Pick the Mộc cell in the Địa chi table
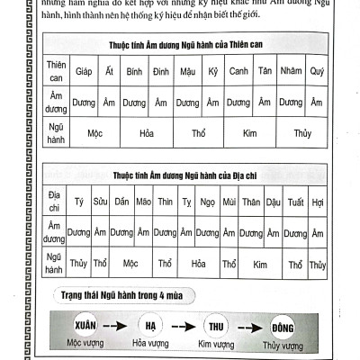[x=131, y=265]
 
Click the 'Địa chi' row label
[x=55, y=202]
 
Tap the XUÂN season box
[x=88, y=327]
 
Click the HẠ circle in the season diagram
[x=150, y=327]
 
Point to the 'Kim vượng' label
[x=216, y=344]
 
